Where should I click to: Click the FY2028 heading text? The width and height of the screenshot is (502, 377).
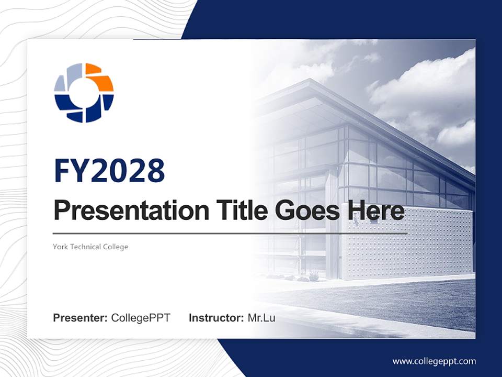pyautogui.click(x=109, y=171)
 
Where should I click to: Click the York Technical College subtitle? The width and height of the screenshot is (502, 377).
pyautogui.click(x=90, y=247)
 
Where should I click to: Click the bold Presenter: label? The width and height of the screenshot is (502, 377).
pyautogui.click(x=81, y=318)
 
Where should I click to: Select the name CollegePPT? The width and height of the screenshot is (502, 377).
pyautogui.click(x=141, y=318)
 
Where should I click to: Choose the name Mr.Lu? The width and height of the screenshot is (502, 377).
pyautogui.click(x=261, y=318)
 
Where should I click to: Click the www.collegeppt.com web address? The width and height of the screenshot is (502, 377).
pyautogui.click(x=434, y=361)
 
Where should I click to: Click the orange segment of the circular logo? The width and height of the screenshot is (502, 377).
pyautogui.click(x=100, y=77)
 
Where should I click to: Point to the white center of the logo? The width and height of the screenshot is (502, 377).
pyautogui.click(x=84, y=93)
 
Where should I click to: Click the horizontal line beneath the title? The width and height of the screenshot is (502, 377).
pyautogui.click(x=230, y=233)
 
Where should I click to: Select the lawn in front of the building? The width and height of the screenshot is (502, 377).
pyautogui.click(x=397, y=304)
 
